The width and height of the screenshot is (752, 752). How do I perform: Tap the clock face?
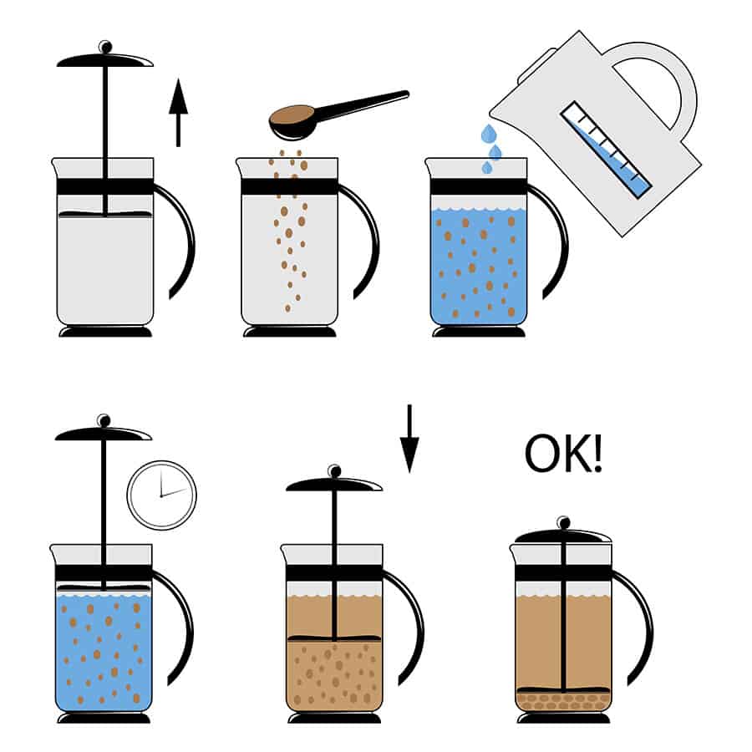pyautogui.click(x=161, y=495)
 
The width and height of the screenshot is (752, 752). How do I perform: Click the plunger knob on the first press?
pyautogui.click(x=105, y=46)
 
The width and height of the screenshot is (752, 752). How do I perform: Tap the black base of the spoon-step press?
pyautogui.click(x=289, y=332)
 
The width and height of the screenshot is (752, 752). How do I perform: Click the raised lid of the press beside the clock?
pyautogui.click(x=103, y=433)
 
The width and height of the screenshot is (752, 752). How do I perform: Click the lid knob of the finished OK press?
pyautogui.click(x=563, y=523)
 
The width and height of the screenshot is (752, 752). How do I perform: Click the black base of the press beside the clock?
pyautogui.click(x=104, y=718)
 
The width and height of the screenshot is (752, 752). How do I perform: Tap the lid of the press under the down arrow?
pyautogui.click(x=334, y=484)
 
